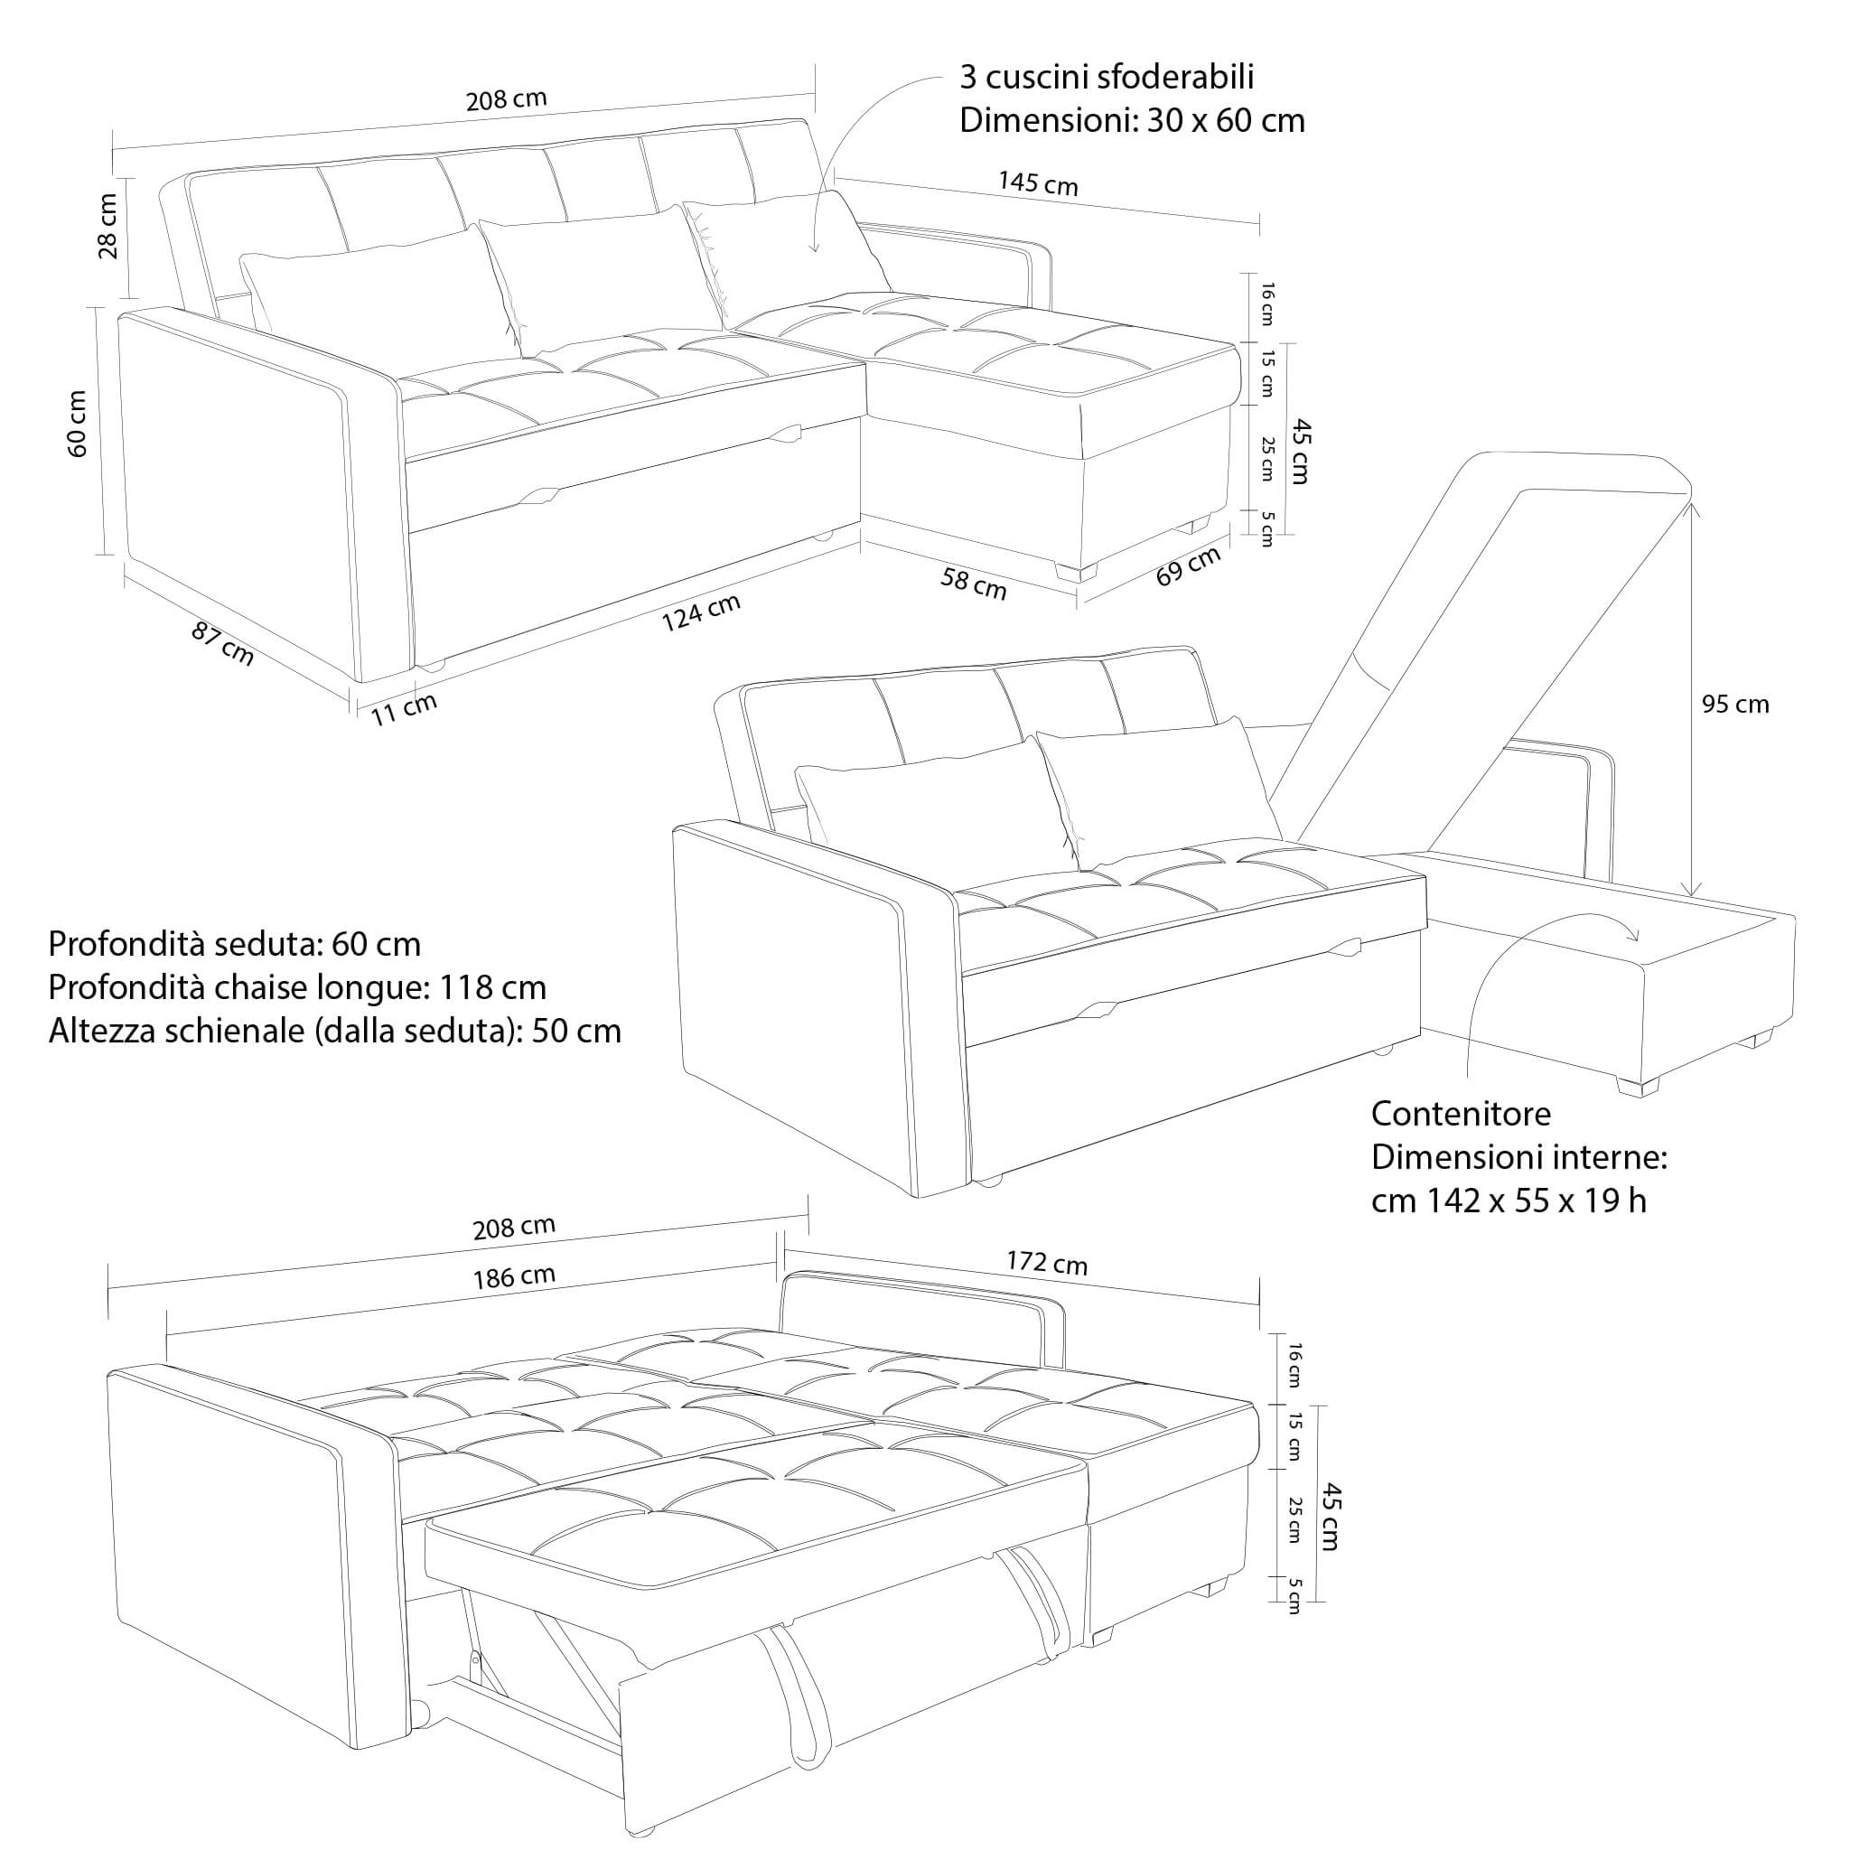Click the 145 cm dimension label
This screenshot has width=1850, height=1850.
pyautogui.click(x=1038, y=182)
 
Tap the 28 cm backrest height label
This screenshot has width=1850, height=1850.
pyautogui.click(x=108, y=226)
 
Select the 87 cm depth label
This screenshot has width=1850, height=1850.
pyautogui.click(x=222, y=643)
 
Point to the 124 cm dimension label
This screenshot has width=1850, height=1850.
pyautogui.click(x=702, y=612)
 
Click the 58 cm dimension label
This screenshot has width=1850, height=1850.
pyautogui.click(x=974, y=584)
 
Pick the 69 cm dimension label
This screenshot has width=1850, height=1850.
pyautogui.click(x=1189, y=567)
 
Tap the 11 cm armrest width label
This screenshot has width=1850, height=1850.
pyautogui.click(x=404, y=708)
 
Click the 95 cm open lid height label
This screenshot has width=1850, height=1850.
pyautogui.click(x=1735, y=705)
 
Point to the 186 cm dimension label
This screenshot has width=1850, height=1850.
pyautogui.click(x=514, y=1277)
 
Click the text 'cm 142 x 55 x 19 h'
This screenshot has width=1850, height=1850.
pyautogui.click(x=1509, y=1201)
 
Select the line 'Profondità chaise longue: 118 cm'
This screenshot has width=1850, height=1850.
pyautogui.click(x=297, y=987)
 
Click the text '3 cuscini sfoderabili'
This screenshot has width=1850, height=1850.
pyautogui.click(x=1106, y=77)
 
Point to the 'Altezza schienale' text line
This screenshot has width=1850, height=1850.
pyautogui.click(x=334, y=1032)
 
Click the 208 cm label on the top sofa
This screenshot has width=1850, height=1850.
pyautogui.click(x=507, y=99)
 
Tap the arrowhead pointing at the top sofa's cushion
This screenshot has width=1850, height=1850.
pyautogui.click(x=814, y=248)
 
